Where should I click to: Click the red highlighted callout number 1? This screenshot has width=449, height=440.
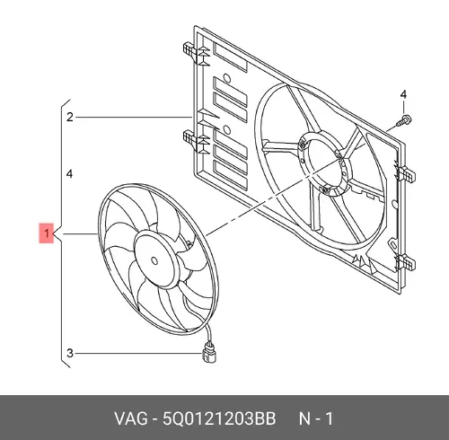(x=47, y=233)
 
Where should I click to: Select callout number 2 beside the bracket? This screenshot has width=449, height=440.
(x=70, y=117)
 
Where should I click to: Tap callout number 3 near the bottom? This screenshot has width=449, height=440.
(x=70, y=353)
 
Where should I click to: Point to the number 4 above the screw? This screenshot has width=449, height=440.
(x=403, y=94)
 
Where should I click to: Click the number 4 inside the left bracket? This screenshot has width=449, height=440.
(x=69, y=173)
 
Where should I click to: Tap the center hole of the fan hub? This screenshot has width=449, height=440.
(x=154, y=260)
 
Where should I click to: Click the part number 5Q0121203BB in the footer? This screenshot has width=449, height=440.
(x=219, y=418)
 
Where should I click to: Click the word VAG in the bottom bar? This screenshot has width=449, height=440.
(x=131, y=418)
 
